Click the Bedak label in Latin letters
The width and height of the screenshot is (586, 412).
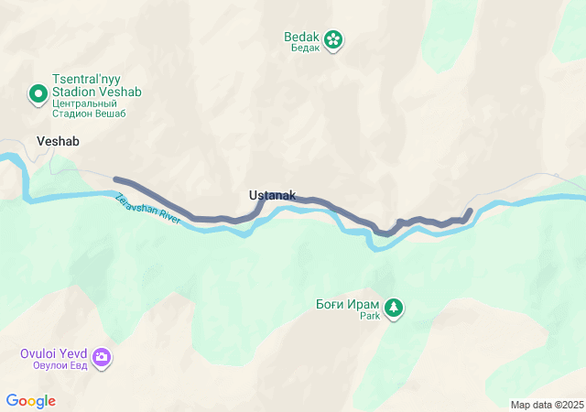(301, 37)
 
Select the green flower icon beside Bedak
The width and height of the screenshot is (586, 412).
(334, 38)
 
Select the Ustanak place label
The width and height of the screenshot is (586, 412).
(272, 195)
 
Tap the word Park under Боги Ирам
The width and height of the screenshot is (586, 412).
(369, 316)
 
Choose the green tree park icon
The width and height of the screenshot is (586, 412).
(394, 308)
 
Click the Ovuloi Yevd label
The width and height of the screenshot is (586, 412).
(55, 353)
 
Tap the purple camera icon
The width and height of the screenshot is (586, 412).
(102, 357)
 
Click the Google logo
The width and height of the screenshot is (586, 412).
(30, 401)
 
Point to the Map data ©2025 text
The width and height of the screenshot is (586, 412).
(547, 405)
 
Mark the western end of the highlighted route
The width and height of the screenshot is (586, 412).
(114, 179)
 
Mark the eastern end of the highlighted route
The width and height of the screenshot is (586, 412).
(470, 211)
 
